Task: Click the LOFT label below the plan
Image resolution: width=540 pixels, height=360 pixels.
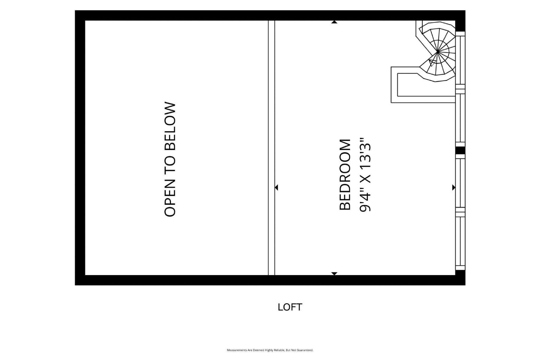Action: click(290, 307)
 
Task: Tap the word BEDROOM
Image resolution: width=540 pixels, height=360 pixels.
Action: click(345, 175)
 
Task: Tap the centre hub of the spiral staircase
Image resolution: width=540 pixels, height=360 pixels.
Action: click(438, 52)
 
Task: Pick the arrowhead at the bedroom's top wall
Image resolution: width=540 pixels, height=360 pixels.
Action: click(334, 22)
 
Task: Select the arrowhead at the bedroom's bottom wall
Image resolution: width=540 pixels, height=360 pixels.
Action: click(334, 274)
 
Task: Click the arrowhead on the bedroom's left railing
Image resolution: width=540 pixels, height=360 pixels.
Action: click(276, 187)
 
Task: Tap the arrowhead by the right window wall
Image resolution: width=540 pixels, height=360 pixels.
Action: click(454, 187)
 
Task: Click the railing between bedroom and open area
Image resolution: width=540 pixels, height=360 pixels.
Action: click(271, 148)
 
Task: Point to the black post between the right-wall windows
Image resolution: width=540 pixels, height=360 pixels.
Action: click(460, 150)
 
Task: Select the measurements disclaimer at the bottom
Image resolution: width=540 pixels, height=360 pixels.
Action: click(270, 350)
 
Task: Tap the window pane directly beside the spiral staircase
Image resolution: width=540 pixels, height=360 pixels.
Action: click(460, 60)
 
